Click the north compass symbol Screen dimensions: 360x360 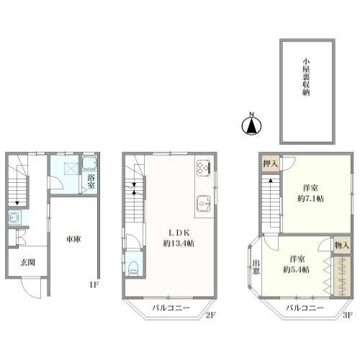click(251, 124)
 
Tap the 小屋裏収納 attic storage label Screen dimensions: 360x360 click(306, 77)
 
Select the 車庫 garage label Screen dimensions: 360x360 click(73, 239)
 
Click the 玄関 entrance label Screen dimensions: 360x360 click(28, 262)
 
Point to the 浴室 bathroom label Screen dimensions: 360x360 click(91, 181)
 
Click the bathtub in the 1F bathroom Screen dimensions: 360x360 click(89, 163)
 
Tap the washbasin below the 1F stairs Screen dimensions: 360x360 click(14, 217)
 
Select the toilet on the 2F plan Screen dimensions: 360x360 click(133, 268)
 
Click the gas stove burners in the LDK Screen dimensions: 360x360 click(204, 168)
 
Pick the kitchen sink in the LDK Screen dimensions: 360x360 click(204, 204)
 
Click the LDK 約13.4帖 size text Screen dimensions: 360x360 click(179, 243)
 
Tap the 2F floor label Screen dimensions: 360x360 click(210, 315)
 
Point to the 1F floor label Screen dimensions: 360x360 click(94, 285)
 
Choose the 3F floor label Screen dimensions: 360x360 click(347, 315)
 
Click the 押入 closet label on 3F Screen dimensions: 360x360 click(271, 163)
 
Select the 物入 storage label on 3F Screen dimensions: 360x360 click(342, 245)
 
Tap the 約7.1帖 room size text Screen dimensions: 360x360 click(310, 199)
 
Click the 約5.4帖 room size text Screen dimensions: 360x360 click(296, 270)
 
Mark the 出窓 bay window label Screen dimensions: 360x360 click(256, 266)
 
